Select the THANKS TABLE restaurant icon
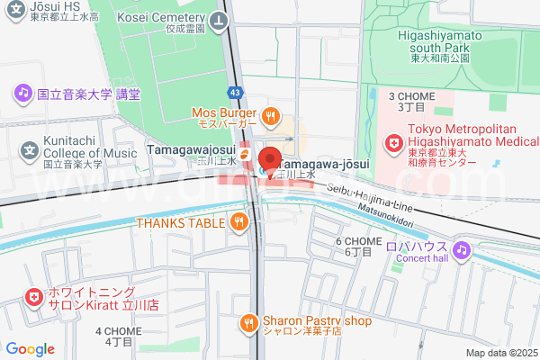[238, 223]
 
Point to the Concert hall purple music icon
[461, 249]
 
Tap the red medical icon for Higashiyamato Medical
[394, 143]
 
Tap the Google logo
[31, 348]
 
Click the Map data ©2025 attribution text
[501, 353]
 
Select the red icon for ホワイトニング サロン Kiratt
[33, 296]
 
